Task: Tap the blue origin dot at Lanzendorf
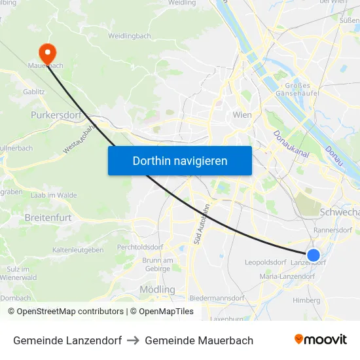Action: coord(314,255)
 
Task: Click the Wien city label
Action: coord(242,115)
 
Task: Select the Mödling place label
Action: coord(157,289)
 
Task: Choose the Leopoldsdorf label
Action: coord(265,262)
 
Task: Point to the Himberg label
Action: coord(306,300)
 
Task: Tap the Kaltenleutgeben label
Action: coord(78,250)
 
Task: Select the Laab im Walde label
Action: coord(54,195)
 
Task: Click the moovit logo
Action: coord(320,340)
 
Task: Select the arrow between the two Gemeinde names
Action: coord(133,340)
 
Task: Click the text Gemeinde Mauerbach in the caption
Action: coord(199,340)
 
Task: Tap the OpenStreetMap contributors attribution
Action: coord(65,312)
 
